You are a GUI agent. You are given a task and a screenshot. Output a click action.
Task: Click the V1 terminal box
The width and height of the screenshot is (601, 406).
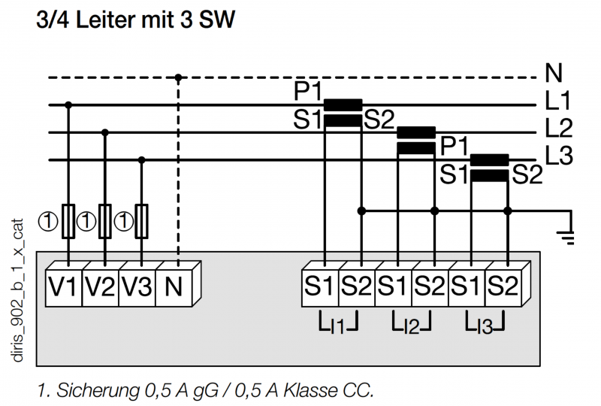point(64,288)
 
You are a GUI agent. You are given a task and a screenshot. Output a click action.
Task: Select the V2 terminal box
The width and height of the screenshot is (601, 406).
point(101,288)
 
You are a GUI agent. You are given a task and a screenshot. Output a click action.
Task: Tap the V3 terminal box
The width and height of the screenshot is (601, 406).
point(137,288)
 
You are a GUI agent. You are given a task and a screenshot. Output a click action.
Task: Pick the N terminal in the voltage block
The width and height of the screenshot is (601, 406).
point(174,288)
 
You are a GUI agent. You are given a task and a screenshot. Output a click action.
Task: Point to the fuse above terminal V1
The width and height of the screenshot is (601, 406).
point(68,221)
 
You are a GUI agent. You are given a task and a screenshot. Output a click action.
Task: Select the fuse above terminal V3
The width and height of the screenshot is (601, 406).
point(142,221)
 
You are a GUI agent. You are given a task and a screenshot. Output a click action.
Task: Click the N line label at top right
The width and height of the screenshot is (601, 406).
point(554,72)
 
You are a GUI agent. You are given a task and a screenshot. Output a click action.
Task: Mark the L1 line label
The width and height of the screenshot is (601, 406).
point(558,100)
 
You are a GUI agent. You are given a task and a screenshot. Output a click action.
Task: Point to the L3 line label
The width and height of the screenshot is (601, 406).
point(559,155)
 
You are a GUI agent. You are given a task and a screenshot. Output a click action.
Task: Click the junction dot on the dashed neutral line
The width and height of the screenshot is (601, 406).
point(178,78)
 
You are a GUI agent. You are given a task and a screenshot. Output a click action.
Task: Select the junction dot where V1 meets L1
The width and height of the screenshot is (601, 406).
point(68,105)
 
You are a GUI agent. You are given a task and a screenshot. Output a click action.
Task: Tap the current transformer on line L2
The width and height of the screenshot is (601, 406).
point(416,140)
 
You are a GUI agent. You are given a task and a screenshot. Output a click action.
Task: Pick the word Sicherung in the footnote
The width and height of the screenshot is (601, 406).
point(98,391)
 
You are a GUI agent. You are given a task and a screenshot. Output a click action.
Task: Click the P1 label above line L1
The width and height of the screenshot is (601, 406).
point(307,92)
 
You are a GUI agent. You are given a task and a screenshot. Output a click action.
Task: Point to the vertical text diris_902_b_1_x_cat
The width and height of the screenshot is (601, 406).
point(17,290)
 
